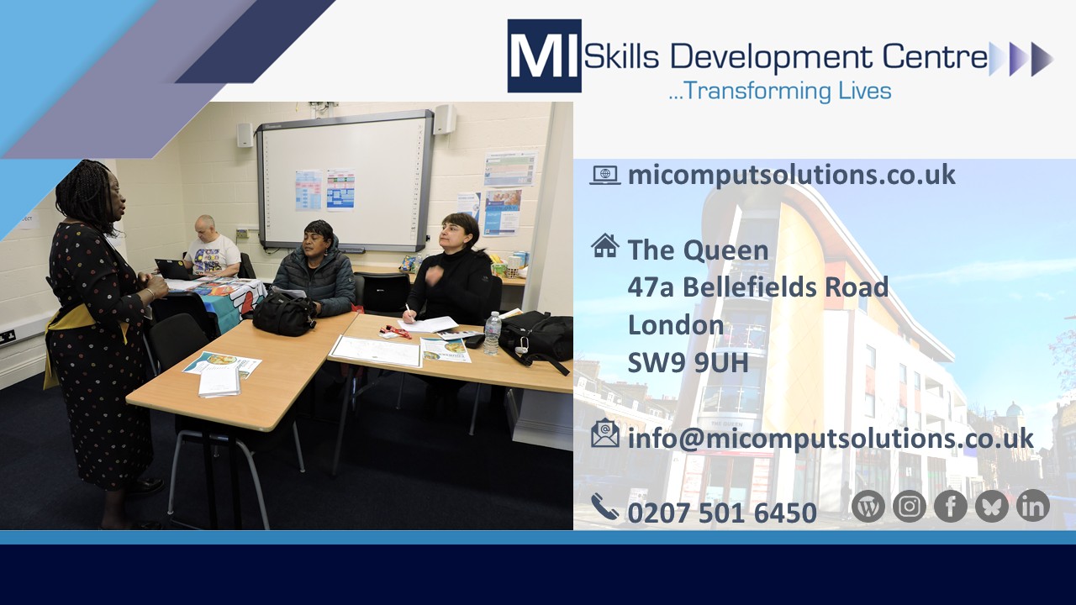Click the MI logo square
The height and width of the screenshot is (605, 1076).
pyautogui.click(x=544, y=55)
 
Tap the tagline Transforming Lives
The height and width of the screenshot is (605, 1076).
pyautogui.click(x=780, y=91)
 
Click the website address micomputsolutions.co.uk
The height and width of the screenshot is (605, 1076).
pyautogui.click(x=792, y=174)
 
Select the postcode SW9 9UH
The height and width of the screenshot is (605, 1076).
pyautogui.click(x=688, y=362)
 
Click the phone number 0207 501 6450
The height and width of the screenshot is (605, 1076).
pyautogui.click(x=722, y=513)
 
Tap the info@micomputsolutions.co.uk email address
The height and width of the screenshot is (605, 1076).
pyautogui.click(x=831, y=439)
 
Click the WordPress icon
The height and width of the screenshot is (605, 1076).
pyautogui.click(x=868, y=506)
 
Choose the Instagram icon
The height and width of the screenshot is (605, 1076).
pyautogui.click(x=910, y=506)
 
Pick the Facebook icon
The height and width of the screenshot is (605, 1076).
pyautogui.click(x=950, y=506)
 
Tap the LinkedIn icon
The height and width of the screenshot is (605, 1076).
pyautogui.click(x=1033, y=506)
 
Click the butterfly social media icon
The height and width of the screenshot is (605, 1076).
pyautogui.click(x=991, y=506)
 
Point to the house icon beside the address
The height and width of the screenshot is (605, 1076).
pyautogui.click(x=605, y=245)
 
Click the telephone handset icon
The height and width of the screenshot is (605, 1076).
pyautogui.click(x=604, y=507)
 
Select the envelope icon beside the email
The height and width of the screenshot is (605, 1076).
pyautogui.click(x=605, y=434)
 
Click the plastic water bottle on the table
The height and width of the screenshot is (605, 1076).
pyautogui.click(x=493, y=334)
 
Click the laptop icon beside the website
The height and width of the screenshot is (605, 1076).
pyautogui.click(x=605, y=175)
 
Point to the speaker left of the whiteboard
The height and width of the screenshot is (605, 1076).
pyautogui.click(x=245, y=135)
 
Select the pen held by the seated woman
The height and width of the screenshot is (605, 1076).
pyautogui.click(x=409, y=310)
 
